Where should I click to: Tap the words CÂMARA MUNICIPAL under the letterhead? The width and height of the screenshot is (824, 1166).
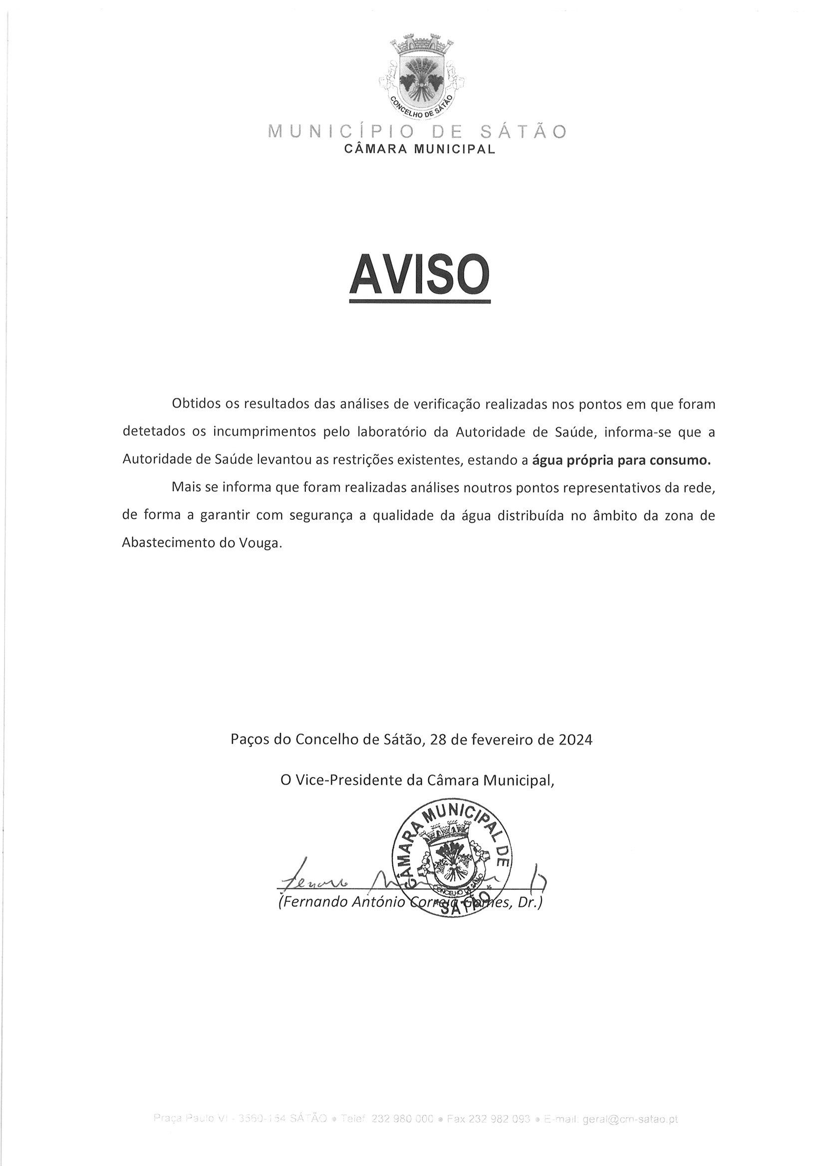pyautogui.click(x=419, y=149)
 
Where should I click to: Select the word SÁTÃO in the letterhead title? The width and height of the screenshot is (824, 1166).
pyautogui.click(x=523, y=132)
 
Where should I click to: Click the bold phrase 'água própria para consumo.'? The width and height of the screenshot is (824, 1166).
pyautogui.click(x=621, y=460)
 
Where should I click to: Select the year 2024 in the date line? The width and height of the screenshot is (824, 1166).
pyautogui.click(x=576, y=740)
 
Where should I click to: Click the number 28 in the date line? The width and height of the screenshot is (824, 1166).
pyautogui.click(x=438, y=740)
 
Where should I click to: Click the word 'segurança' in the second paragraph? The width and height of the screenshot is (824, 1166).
pyautogui.click(x=315, y=515)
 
